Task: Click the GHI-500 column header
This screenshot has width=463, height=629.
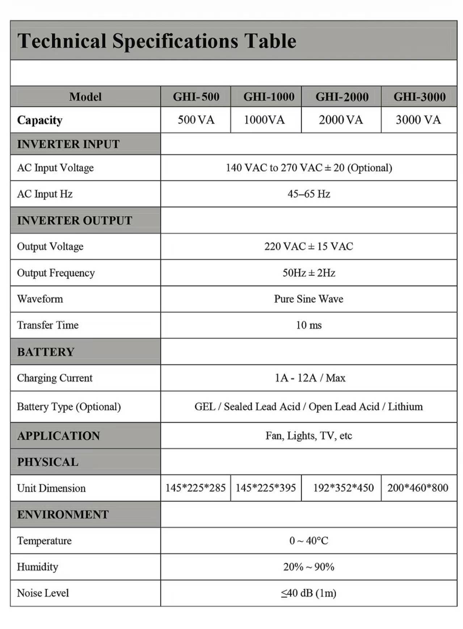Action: (196, 97)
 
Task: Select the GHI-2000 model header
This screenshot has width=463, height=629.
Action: (342, 97)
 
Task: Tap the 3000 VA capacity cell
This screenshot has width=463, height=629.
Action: (418, 120)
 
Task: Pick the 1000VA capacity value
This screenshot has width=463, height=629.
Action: (264, 120)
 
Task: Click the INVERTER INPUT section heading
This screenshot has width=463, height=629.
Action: (68, 144)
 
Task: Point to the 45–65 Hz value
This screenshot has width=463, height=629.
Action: (309, 194)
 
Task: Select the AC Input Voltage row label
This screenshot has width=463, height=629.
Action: (55, 168)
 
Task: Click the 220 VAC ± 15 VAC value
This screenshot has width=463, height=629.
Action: (309, 247)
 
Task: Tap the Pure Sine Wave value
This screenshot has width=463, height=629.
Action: (309, 299)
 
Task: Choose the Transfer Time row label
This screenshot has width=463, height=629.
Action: (48, 325)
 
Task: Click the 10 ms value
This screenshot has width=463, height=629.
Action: (309, 325)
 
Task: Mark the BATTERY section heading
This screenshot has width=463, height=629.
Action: (46, 352)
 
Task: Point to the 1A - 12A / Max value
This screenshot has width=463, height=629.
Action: (310, 378)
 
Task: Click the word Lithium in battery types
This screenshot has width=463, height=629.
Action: (405, 407)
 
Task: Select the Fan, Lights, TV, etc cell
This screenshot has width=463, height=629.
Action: (309, 436)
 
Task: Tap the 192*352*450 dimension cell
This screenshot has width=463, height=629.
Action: (343, 488)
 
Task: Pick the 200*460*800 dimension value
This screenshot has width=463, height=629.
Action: (418, 488)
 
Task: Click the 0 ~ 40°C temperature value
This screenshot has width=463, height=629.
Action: (309, 541)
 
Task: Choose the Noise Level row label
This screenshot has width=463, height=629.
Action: (43, 593)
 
